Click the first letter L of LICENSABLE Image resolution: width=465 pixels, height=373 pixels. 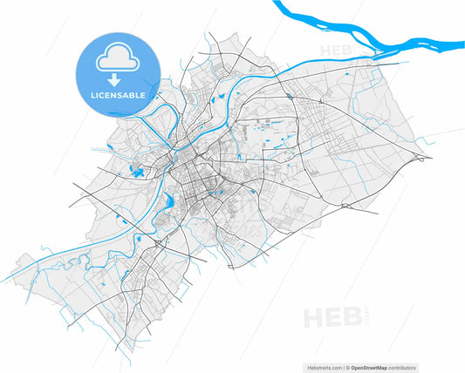click(92, 93)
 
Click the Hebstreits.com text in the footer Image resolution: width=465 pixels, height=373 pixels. click(322, 367)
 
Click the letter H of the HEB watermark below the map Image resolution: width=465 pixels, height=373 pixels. click(311, 316)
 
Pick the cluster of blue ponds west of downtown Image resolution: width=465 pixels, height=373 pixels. click(137, 169)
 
